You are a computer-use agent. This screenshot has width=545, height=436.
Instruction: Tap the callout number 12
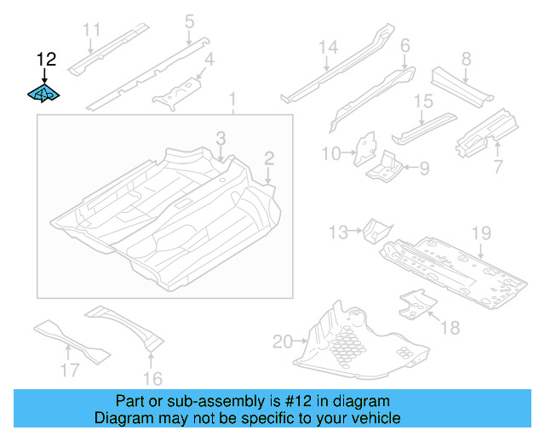point(46,59)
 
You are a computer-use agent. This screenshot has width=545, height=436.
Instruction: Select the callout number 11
point(92,31)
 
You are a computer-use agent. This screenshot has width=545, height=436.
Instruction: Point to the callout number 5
point(189,20)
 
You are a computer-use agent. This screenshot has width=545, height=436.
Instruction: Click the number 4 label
point(209,59)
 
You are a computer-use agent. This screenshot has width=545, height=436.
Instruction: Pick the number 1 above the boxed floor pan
point(232,102)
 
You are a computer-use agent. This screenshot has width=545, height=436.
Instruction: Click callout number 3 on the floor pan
point(221,138)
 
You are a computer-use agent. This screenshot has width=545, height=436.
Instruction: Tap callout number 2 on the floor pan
point(269,158)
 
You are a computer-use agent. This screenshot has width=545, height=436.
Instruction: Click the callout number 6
point(404,45)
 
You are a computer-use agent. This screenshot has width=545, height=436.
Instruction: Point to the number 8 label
point(466,59)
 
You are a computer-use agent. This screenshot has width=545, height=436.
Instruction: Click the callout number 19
point(481,232)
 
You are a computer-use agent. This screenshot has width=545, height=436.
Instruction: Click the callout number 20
point(282,342)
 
